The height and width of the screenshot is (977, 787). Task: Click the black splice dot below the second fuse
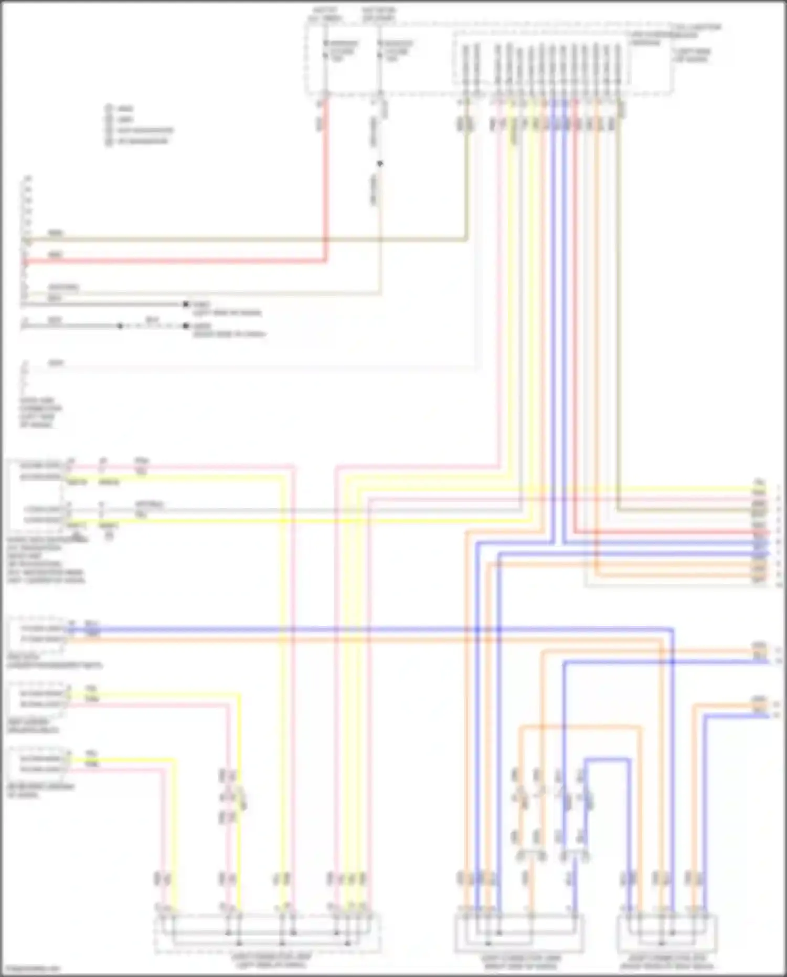380,164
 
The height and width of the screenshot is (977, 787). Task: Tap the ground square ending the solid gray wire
185,304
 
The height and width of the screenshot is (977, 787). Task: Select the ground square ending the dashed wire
185,326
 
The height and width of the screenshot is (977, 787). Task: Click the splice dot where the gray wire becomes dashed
120,326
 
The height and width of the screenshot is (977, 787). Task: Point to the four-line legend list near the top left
139,125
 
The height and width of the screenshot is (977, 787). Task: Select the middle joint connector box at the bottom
518,932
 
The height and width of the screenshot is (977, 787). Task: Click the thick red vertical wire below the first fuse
325,184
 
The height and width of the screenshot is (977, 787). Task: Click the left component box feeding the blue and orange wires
36,634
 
